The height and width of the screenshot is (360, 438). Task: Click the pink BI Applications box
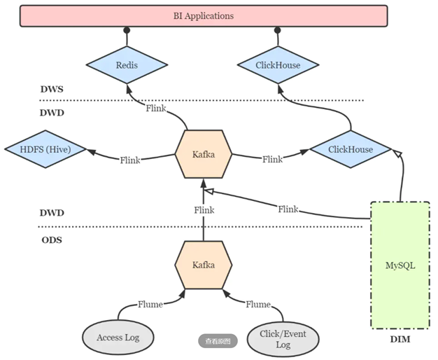pyautogui.click(x=204, y=15)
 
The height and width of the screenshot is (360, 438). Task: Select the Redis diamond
pyautogui.click(x=127, y=66)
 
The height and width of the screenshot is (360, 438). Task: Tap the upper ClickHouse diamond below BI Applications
pyautogui.click(x=278, y=66)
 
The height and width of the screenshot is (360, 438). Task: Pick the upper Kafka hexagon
pyautogui.click(x=203, y=153)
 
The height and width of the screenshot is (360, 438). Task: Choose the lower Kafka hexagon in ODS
pyautogui.click(x=203, y=265)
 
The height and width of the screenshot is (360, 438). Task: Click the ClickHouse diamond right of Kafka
pyautogui.click(x=351, y=150)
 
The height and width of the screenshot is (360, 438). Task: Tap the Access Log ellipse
pyautogui.click(x=118, y=338)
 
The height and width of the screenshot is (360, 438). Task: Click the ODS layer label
pyautogui.click(x=52, y=240)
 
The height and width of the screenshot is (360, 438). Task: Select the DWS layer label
pyautogui.click(x=53, y=89)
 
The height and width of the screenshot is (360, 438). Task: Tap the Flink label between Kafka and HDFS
pyautogui.click(x=130, y=160)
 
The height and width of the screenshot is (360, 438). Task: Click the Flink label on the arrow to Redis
pyautogui.click(x=157, y=109)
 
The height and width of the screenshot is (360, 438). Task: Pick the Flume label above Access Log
pyautogui.click(x=150, y=304)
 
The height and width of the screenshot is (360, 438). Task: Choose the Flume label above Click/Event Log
pyautogui.click(x=258, y=304)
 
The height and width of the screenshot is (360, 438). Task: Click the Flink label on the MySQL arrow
pyautogui.click(x=288, y=209)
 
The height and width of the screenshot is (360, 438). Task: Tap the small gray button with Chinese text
pyautogui.click(x=218, y=341)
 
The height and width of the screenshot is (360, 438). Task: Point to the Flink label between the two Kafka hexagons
pyautogui.click(x=204, y=209)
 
